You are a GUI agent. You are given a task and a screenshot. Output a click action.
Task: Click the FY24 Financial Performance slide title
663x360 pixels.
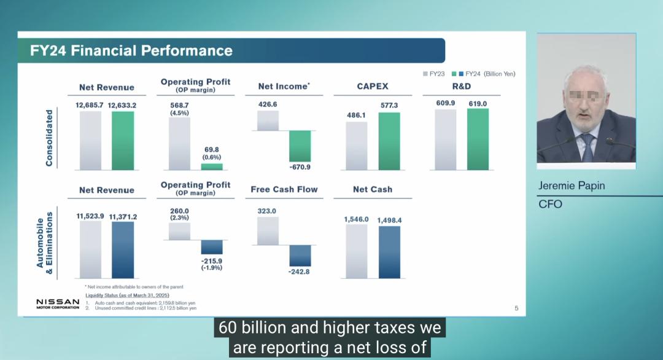point(131,50)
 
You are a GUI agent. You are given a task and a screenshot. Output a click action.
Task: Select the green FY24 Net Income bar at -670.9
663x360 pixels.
point(300,146)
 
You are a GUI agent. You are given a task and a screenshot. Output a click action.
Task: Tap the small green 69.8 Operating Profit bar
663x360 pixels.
point(212,166)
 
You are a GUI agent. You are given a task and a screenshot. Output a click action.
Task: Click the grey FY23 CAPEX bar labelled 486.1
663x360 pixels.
point(357,146)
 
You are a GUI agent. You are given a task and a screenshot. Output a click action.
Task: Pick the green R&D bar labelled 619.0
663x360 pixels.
point(478,139)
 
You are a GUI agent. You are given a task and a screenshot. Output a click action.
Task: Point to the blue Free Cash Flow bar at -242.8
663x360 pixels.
point(300,256)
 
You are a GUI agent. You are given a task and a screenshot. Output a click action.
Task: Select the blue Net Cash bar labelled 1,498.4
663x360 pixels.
point(389,252)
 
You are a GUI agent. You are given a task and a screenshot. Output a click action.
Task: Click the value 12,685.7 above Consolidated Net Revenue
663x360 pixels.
point(90,105)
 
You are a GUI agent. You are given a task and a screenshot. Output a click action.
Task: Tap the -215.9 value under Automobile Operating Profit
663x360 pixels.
point(211,260)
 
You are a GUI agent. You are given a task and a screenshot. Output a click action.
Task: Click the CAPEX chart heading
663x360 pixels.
point(373,87)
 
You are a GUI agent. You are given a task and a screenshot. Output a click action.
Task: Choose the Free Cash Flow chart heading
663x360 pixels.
point(284,189)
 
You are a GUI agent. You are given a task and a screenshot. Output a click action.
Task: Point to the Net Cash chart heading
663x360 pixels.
point(373,189)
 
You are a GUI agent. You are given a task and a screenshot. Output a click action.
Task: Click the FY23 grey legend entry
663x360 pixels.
point(434,74)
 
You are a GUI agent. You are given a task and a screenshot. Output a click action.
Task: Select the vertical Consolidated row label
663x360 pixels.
point(50,138)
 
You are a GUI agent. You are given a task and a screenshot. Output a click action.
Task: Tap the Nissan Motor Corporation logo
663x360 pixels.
point(58,303)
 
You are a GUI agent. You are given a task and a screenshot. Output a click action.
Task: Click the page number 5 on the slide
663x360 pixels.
point(516,308)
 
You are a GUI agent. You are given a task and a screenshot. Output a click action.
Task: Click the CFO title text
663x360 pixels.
point(550,204)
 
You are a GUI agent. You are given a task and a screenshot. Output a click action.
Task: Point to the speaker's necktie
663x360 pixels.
point(588,147)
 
